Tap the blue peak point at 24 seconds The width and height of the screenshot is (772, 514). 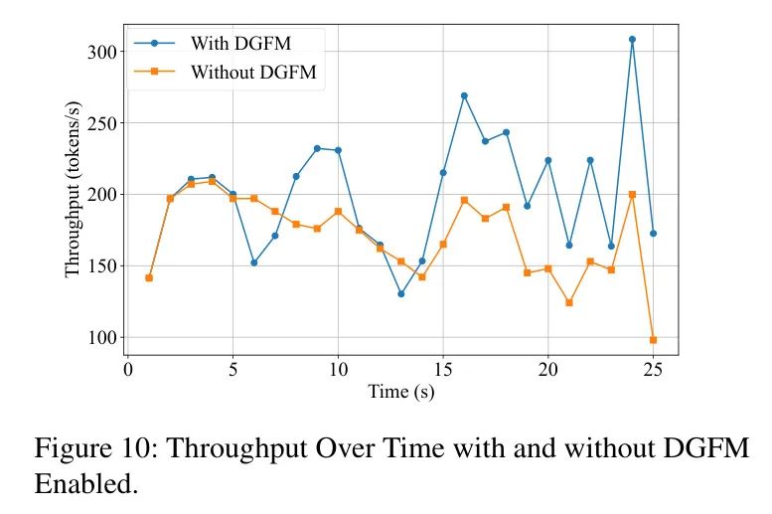632,39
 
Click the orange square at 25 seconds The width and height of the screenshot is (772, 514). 653,340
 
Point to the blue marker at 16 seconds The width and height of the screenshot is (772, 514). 464,95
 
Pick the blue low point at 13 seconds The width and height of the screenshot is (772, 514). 400,293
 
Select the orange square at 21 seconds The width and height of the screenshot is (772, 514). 569,302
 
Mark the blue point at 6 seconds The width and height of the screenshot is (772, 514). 254,262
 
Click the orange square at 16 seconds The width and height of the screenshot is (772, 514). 464,200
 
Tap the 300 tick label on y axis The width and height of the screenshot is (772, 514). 95,52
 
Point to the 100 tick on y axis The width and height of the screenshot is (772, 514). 95,338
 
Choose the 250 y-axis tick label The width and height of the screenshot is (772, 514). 95,123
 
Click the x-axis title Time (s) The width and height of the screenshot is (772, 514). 401,392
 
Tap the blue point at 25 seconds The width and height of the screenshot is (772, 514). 653,234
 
